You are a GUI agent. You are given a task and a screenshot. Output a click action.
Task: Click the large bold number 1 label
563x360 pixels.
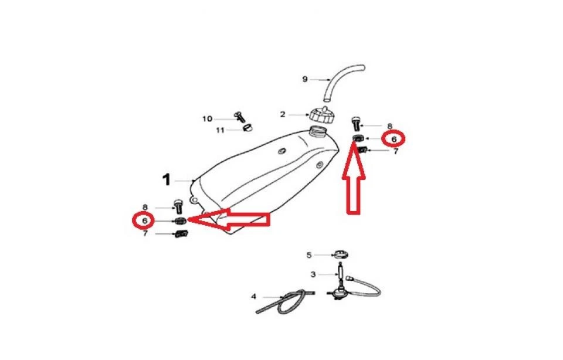coord(166,180)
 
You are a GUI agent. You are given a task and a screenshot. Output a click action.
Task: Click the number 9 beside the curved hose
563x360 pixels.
coord(305,79)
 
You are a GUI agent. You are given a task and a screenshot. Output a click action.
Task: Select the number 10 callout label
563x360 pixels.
coord(208,119)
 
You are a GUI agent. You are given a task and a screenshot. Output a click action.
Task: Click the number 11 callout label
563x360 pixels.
coord(220,130)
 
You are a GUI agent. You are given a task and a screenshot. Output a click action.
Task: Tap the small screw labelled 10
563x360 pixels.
coord(239,117)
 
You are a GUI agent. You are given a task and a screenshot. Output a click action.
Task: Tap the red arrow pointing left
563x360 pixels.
coord(228,219)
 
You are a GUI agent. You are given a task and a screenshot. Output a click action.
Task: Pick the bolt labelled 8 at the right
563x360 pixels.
coord(355,124)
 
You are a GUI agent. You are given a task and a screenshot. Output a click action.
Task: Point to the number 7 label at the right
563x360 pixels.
coord(396,151)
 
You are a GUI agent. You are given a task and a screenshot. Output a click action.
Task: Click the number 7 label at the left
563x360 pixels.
coord(145,234)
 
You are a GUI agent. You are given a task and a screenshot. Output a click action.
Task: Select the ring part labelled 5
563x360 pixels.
coord(340,255)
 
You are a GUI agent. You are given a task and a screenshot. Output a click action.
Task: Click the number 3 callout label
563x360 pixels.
coord(313,274)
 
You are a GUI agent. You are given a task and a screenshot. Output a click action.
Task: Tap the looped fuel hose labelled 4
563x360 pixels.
coord(286,302)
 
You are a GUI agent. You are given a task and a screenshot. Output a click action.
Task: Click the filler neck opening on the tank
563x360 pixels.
coord(317,130)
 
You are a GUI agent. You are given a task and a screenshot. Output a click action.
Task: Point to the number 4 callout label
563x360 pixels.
coord(254,297)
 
